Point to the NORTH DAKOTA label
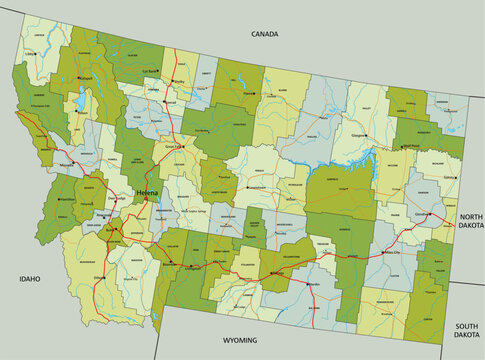470,221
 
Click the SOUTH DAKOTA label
466,331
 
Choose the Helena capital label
146,193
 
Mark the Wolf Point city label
410,146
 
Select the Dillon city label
100,277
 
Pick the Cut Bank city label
150,72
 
